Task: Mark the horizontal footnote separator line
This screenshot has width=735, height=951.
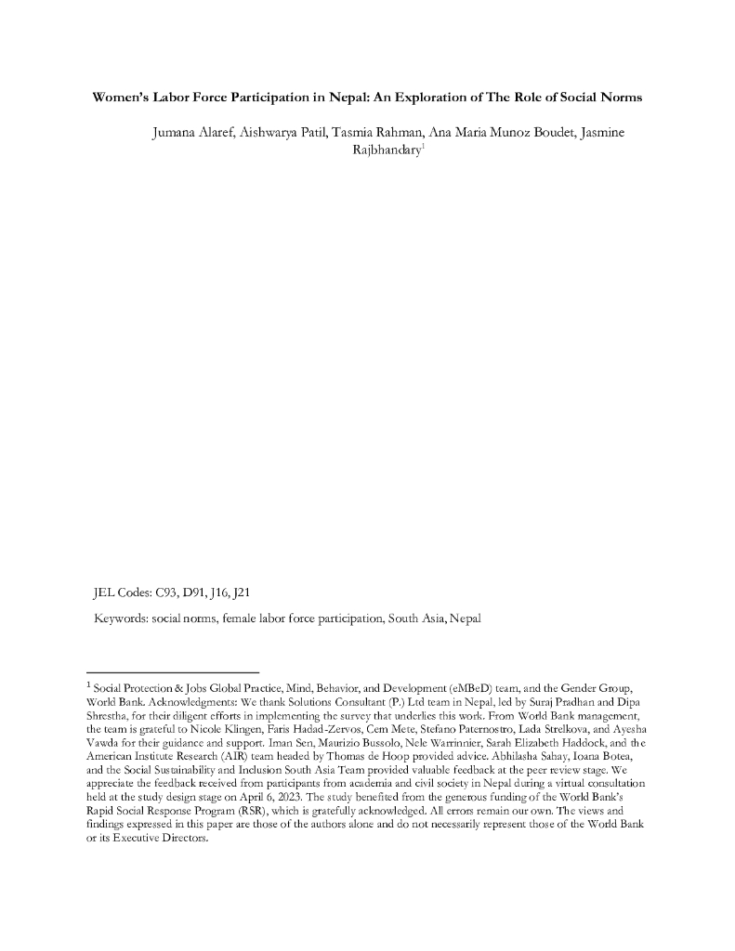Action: pyautogui.click(x=172, y=671)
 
